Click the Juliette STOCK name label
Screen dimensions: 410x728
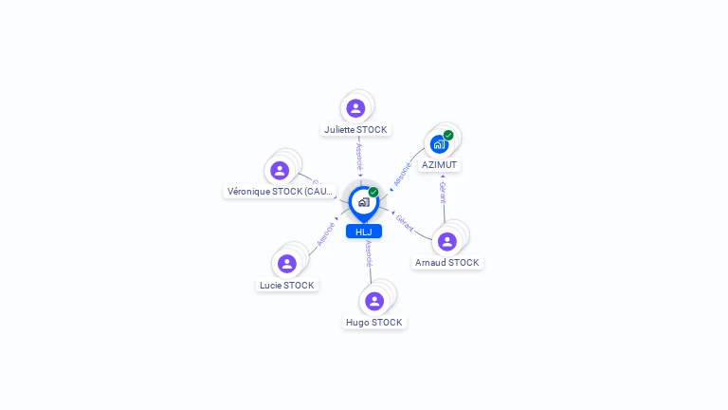click(355, 129)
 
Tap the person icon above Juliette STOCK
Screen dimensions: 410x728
click(355, 108)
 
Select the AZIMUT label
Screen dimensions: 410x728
click(439, 164)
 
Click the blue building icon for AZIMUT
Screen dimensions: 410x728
click(439, 144)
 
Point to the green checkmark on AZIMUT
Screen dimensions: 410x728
click(448, 135)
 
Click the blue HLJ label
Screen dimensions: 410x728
click(364, 232)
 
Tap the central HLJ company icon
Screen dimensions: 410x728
click(363, 202)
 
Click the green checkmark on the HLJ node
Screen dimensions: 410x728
click(373, 193)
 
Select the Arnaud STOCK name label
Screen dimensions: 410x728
click(447, 262)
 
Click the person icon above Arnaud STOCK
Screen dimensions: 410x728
click(447, 241)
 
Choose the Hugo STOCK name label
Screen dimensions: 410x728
click(374, 322)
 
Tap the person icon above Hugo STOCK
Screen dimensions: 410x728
click(374, 301)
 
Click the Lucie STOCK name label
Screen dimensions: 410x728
click(287, 285)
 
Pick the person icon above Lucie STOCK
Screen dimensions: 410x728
click(287, 263)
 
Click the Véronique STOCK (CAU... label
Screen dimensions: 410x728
click(280, 191)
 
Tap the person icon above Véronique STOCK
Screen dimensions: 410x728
click(280, 170)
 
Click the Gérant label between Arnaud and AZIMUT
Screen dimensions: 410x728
click(443, 193)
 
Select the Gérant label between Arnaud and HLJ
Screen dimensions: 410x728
click(405, 223)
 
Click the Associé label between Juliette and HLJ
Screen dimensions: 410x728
click(359, 157)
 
